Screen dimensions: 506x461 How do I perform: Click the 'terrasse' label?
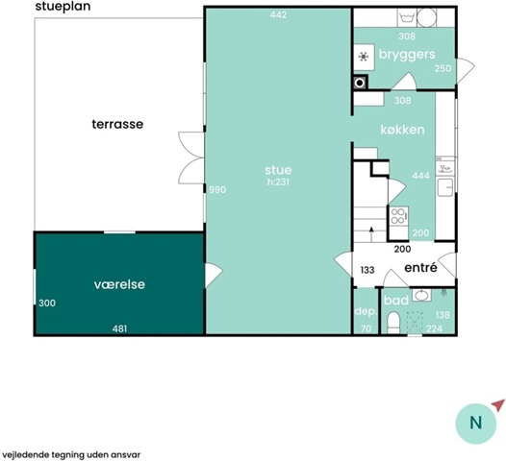click(117, 124)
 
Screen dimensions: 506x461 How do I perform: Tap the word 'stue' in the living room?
click(278, 170)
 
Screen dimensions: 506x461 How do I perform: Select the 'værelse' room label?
click(119, 284)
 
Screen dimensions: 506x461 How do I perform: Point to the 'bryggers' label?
click(407, 55)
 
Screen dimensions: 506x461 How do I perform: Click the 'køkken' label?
click(402, 130)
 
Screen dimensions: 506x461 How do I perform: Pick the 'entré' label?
click(420, 267)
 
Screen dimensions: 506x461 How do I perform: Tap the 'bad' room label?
click(396, 301)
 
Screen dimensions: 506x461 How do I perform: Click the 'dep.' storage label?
click(366, 311)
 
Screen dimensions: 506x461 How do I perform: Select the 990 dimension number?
click(217, 190)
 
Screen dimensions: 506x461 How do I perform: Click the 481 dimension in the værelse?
click(119, 328)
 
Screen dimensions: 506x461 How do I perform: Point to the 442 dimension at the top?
click(278, 14)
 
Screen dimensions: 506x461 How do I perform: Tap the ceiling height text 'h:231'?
click(278, 182)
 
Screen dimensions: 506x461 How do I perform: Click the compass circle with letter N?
click(476, 424)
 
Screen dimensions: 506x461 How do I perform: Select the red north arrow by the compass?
click(498, 404)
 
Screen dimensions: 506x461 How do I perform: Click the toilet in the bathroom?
click(393, 323)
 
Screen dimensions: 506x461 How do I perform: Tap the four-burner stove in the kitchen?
click(398, 216)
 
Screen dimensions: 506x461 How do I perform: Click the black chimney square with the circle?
click(360, 83)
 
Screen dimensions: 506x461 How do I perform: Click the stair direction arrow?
click(371, 234)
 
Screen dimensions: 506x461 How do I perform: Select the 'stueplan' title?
click(63, 7)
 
